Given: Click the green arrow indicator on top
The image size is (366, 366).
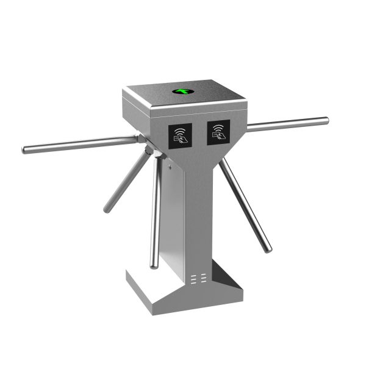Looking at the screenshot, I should tap(181, 92).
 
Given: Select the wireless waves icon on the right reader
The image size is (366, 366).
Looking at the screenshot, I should tap(218, 128).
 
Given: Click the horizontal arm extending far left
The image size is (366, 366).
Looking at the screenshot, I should tap(79, 144).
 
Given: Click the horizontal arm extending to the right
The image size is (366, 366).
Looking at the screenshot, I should tap(287, 124).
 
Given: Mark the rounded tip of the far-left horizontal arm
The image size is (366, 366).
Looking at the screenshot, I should tap(25, 150).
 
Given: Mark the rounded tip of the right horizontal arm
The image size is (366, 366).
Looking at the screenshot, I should tap(326, 120).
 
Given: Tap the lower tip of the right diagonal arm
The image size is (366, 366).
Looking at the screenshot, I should tap(268, 249).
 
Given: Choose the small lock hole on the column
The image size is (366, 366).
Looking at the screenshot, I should tap(171, 163).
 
